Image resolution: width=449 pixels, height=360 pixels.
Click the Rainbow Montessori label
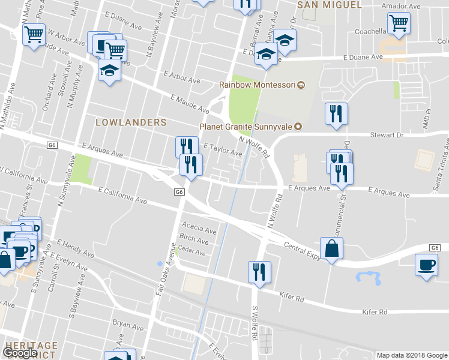(258, 85)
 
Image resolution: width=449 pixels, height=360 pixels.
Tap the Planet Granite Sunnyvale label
(246, 127)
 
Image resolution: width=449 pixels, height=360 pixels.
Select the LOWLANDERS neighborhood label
(131, 122)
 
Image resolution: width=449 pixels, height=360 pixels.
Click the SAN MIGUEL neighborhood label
(330, 5)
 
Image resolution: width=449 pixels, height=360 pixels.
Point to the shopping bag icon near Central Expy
(332, 248)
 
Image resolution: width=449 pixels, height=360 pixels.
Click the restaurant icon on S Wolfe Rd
(259, 272)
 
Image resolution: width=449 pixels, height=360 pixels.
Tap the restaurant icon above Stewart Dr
(336, 113)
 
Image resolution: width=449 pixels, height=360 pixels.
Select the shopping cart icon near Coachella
(399, 24)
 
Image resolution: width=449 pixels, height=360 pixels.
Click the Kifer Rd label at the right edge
(375, 312)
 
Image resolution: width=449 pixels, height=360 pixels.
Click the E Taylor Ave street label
(223, 149)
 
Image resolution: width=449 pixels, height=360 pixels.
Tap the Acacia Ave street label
(202, 230)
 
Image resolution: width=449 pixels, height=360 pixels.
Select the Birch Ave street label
(194, 241)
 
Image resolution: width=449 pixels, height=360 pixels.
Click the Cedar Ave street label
(191, 253)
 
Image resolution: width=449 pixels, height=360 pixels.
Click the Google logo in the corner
(20, 353)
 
